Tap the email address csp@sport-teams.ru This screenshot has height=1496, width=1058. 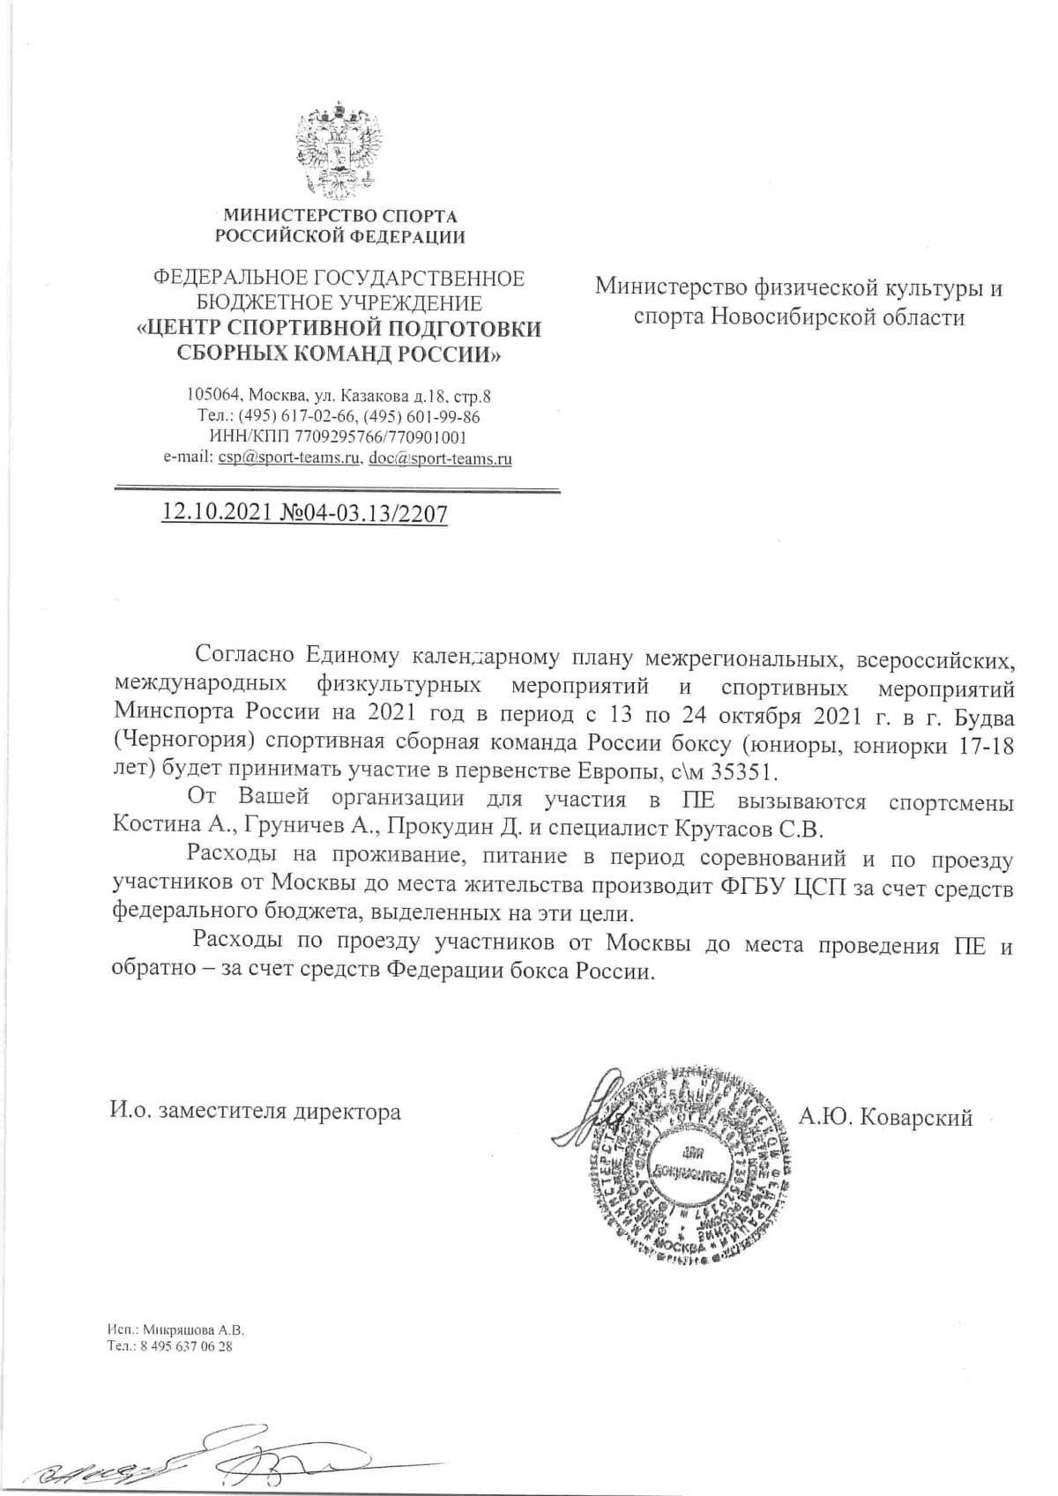pos(291,458)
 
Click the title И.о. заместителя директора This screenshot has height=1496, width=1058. pos(256,1112)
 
